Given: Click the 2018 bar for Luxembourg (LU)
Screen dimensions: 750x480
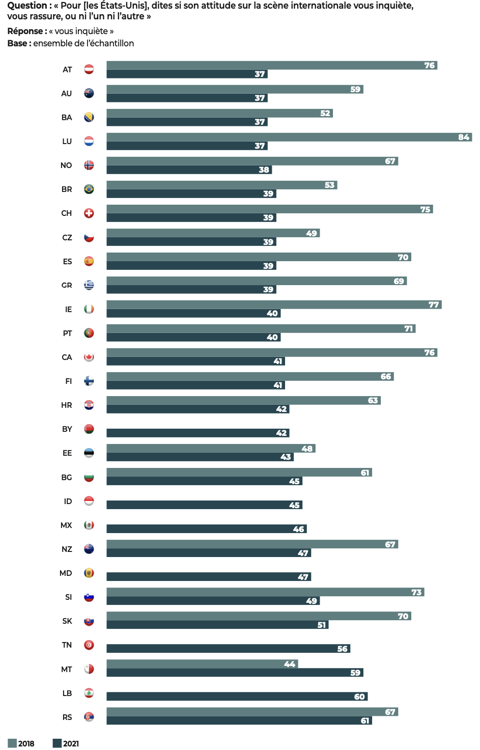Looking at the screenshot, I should (x=289, y=137).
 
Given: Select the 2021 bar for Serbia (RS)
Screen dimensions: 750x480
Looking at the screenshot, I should (x=239, y=720).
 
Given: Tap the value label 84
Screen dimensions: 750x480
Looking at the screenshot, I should (x=463, y=137).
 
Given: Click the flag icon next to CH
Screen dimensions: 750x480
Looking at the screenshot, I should (x=89, y=213).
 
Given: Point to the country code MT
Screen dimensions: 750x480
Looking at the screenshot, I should (x=67, y=669).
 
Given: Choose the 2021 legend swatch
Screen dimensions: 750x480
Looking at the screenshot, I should (x=57, y=743).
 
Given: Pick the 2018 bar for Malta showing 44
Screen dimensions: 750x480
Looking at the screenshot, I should (x=202, y=664).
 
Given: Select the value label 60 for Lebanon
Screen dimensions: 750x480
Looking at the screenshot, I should (x=359, y=697).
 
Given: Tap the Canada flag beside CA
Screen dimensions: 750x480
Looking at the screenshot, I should (x=89, y=357).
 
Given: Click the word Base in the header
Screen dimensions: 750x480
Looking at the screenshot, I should (x=17, y=43).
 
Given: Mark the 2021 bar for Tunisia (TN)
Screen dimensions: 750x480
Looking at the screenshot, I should (x=228, y=649).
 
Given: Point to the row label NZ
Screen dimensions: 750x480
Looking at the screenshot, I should (x=67, y=549).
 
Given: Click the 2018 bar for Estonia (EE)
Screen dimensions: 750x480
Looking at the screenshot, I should (x=211, y=449).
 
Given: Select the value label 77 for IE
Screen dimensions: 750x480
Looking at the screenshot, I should (x=433, y=304).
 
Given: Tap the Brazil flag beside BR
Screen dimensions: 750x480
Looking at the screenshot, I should (x=89, y=189).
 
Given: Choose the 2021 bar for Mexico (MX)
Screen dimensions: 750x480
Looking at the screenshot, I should (x=206, y=529).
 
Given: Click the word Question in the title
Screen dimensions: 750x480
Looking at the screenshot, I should (x=27, y=6).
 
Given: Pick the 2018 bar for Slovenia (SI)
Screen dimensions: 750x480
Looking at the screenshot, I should (x=265, y=592).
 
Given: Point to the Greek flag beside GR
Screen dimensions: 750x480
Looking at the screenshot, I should (x=89, y=285).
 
